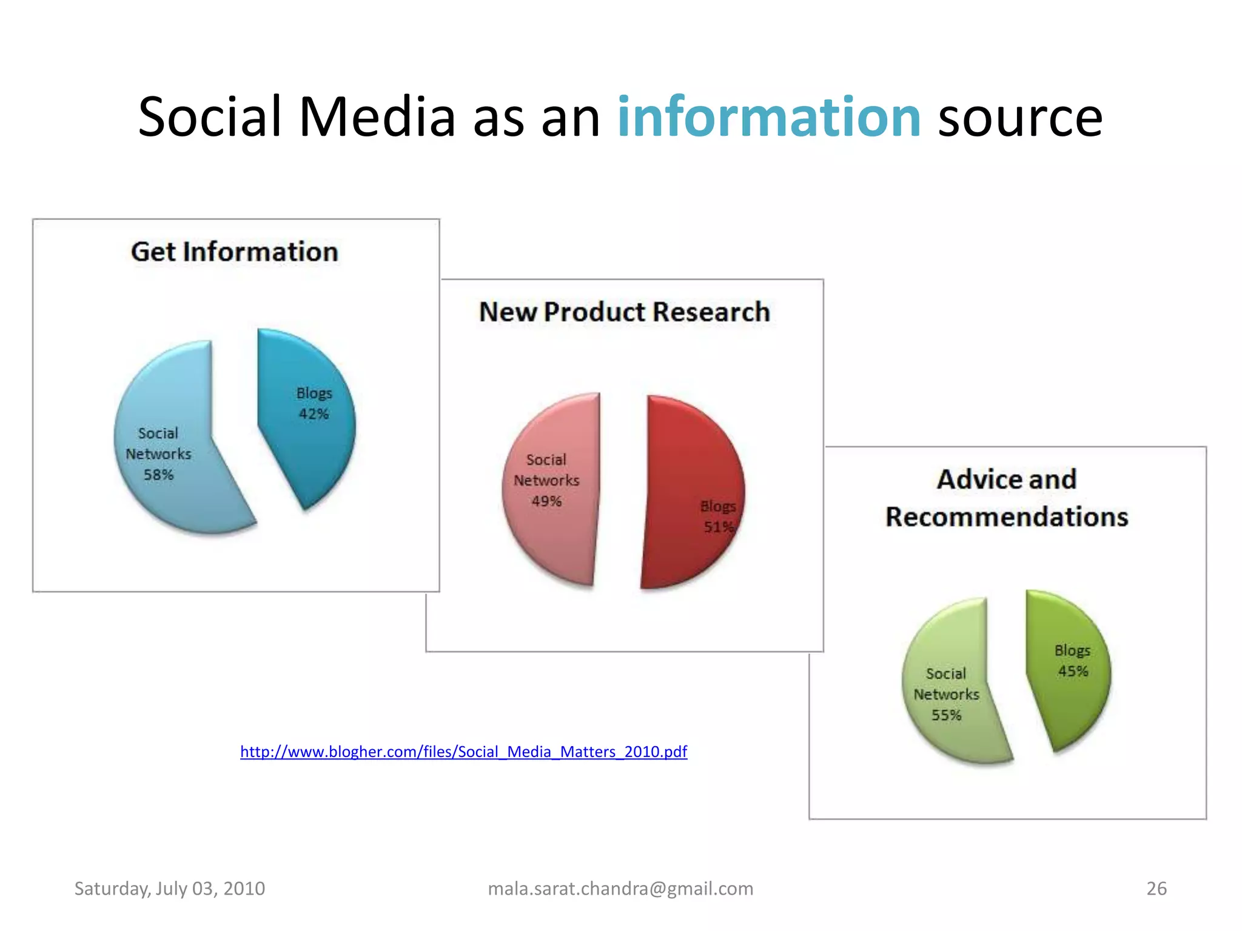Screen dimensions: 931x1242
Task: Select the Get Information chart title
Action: tap(235, 252)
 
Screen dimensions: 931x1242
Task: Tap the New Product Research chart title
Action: tap(625, 312)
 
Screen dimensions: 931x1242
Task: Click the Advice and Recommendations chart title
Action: tap(1007, 498)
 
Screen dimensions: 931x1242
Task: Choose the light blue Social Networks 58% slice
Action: tap(176, 497)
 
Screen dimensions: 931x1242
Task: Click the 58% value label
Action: tap(159, 475)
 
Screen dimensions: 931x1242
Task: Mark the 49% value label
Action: tap(546, 501)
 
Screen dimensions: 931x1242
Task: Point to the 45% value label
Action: tap(1073, 671)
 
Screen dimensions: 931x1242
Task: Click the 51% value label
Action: tap(719, 527)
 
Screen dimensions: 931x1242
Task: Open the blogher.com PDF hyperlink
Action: tap(463, 752)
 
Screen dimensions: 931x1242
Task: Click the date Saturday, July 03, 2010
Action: tap(170, 889)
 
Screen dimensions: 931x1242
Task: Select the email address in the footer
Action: tap(620, 889)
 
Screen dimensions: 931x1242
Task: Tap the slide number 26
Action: tap(1156, 889)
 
